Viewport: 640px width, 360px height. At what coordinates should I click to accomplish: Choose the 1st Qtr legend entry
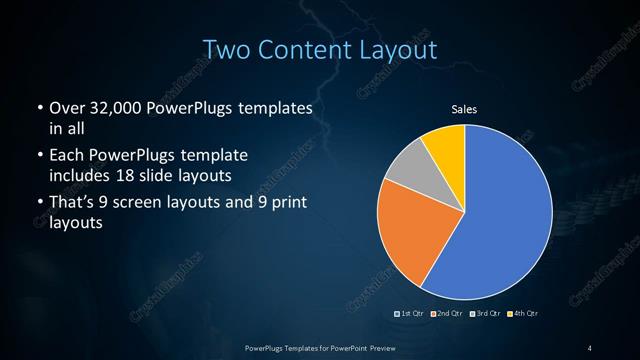tap(411, 314)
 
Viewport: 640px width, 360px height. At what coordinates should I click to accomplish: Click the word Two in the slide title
tap(225, 49)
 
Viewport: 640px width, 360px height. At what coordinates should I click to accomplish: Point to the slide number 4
tap(591, 347)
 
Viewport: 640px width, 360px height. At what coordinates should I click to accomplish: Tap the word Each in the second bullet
tap(67, 157)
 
